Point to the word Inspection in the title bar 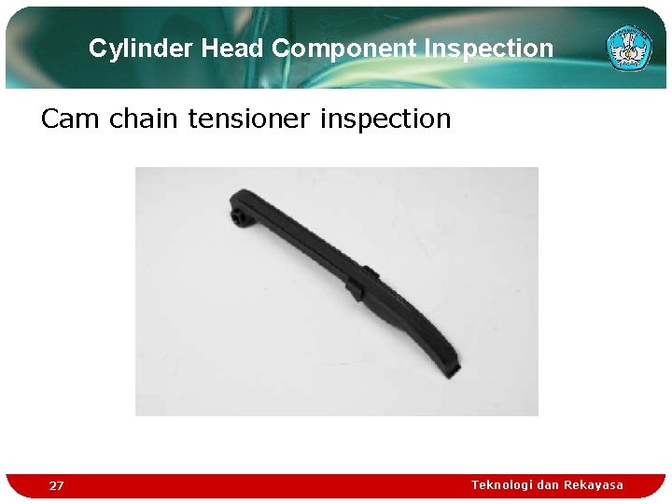(x=491, y=49)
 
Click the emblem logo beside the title (x=628, y=48)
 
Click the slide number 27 (x=57, y=486)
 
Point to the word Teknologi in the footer (x=501, y=484)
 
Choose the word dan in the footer (x=548, y=484)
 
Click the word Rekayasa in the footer (x=594, y=484)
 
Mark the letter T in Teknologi (x=475, y=484)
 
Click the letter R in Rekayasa (x=567, y=484)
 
